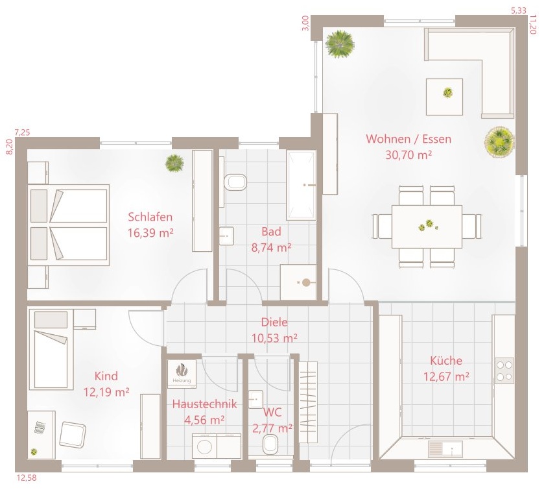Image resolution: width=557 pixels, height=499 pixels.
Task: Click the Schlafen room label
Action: click(x=150, y=217)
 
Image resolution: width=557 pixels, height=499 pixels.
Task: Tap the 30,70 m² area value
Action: click(x=409, y=155)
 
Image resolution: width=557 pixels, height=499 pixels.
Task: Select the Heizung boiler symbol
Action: click(x=182, y=374)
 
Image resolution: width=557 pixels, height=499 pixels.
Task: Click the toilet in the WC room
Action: click(x=271, y=445)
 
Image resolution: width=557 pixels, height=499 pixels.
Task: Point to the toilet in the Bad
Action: click(x=235, y=182)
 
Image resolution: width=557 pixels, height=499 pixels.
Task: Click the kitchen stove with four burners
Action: click(x=504, y=371)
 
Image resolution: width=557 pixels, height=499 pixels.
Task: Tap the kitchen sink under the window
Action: click(x=445, y=448)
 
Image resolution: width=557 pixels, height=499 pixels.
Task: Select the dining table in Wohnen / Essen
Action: click(x=427, y=226)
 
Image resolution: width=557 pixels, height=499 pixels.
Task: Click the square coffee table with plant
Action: click(x=444, y=97)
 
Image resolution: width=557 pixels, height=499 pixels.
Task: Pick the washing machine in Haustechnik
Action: click(x=204, y=446)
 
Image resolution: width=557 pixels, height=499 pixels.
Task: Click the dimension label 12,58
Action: click(x=27, y=478)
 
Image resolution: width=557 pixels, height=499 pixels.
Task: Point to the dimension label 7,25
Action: click(x=22, y=132)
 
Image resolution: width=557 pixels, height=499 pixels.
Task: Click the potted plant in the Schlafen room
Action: click(x=175, y=163)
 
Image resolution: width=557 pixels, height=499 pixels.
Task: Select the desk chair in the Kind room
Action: click(x=73, y=434)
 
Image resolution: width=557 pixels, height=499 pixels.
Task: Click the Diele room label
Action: click(x=274, y=323)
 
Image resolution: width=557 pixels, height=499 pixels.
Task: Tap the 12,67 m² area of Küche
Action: click(x=446, y=376)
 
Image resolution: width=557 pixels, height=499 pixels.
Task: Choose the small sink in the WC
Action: click(x=255, y=399)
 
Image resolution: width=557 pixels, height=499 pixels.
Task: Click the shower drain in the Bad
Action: click(x=306, y=282)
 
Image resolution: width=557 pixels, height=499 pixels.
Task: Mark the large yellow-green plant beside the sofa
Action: click(x=499, y=141)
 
